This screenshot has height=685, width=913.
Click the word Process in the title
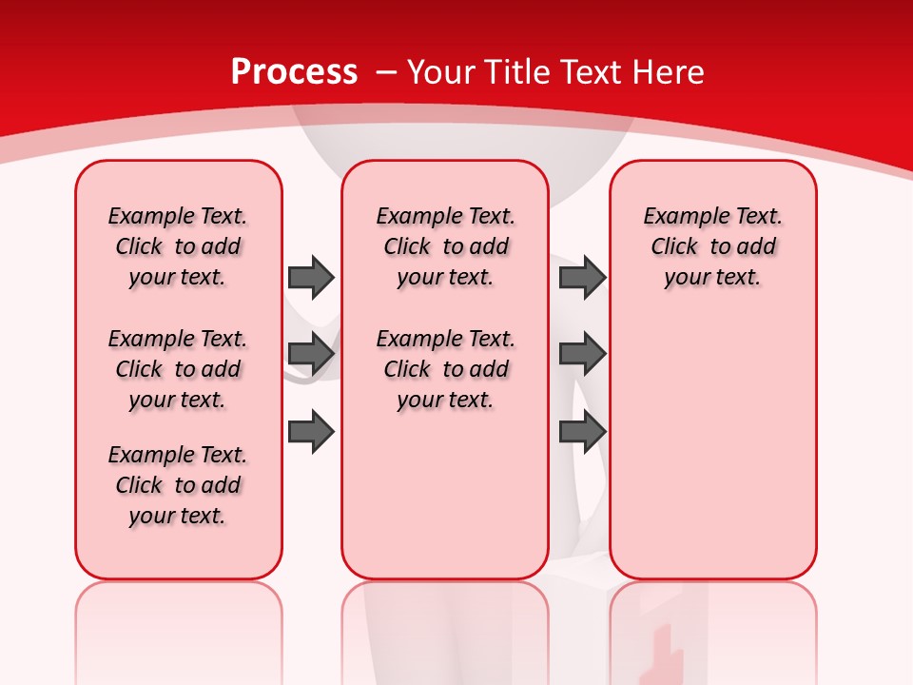[x=294, y=72]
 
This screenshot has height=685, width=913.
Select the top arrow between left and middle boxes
[x=311, y=277]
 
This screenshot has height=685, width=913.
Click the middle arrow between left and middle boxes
[x=311, y=354]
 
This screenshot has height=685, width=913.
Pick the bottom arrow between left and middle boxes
[x=311, y=432]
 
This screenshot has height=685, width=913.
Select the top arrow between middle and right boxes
[x=582, y=277]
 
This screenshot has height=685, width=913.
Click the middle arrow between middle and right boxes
[x=582, y=354]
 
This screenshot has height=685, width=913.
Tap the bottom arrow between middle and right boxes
[x=582, y=432]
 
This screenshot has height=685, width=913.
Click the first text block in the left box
[x=178, y=246]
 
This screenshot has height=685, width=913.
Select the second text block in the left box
[x=178, y=369]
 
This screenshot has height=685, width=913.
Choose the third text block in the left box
[x=178, y=485]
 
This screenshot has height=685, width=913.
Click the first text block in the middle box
[x=445, y=246]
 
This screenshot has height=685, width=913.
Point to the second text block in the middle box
[x=445, y=369]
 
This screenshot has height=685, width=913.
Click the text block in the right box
[x=712, y=246]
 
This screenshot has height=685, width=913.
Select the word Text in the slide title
[x=594, y=72]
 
